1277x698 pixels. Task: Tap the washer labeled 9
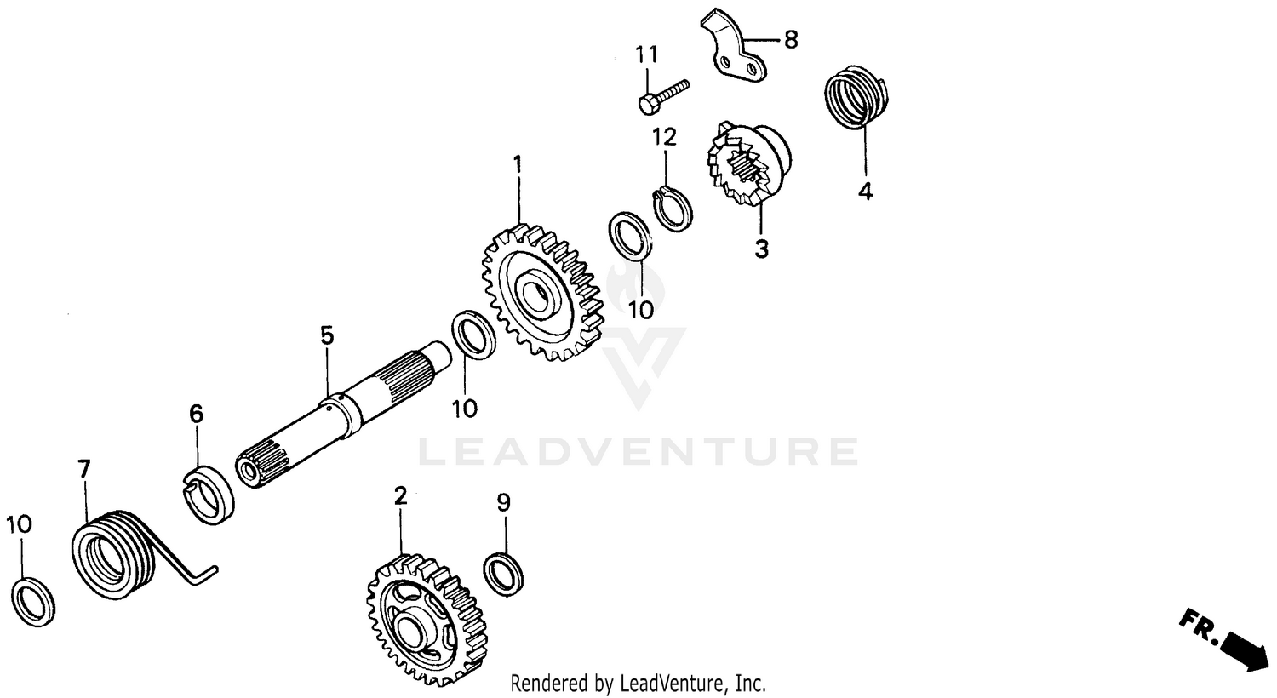point(503,572)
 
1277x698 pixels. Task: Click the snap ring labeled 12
point(673,209)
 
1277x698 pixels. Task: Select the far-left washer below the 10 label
point(35,603)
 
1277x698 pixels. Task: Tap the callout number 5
point(327,335)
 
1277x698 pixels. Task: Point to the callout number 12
point(665,136)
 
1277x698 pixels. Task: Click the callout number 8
point(791,39)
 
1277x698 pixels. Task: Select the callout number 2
point(400,495)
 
